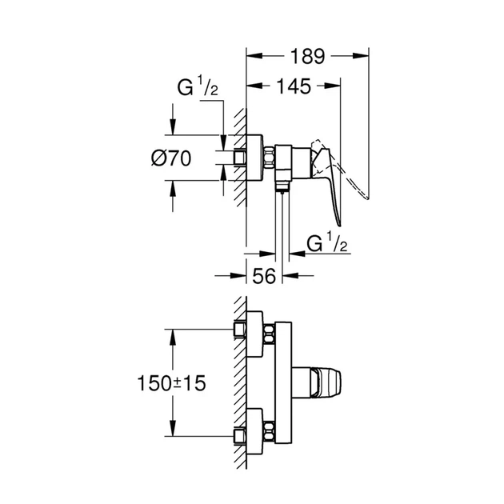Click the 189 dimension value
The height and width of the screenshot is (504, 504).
[x=307, y=57]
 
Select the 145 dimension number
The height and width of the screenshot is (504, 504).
[x=294, y=85]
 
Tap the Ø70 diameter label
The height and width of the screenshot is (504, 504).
[x=171, y=158]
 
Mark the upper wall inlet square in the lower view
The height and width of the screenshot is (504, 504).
[x=240, y=329]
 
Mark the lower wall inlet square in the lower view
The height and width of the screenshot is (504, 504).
[x=240, y=436]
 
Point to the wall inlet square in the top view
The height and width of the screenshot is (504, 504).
[x=238, y=158]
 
